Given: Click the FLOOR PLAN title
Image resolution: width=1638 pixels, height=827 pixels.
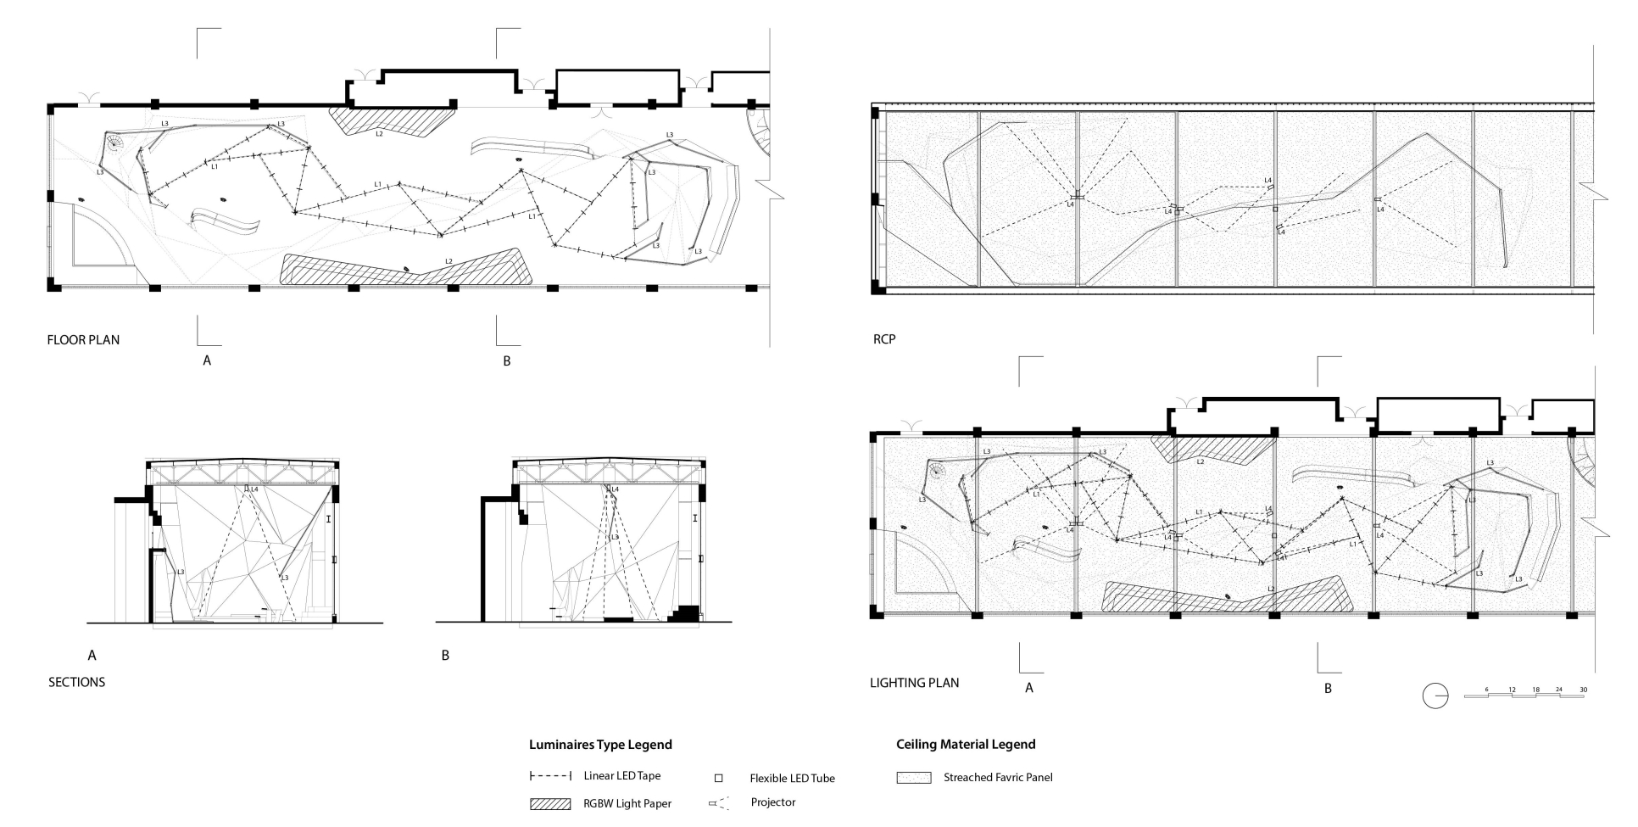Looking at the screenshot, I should [x=83, y=340].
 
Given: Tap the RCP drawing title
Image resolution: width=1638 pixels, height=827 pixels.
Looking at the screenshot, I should [x=883, y=339].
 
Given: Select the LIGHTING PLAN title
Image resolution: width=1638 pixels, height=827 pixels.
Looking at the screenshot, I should [x=914, y=683].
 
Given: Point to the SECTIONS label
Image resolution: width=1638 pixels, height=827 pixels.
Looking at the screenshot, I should [x=76, y=682].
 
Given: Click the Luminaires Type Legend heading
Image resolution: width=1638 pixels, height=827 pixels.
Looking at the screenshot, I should [x=600, y=745].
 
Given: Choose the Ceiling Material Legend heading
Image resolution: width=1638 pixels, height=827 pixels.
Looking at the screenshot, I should [x=966, y=745].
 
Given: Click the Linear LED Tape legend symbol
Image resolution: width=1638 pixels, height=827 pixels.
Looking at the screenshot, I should [x=550, y=776].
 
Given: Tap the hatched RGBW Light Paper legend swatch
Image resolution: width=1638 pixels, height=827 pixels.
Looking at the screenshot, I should [x=549, y=804].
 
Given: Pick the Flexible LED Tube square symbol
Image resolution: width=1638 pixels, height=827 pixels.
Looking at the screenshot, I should [x=718, y=778].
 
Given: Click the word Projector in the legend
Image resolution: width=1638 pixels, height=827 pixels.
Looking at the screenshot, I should [x=772, y=802].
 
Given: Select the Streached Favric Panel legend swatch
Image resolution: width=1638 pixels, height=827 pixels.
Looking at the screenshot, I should [x=913, y=778].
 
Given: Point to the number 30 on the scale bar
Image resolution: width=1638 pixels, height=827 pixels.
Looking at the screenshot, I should [x=1582, y=690].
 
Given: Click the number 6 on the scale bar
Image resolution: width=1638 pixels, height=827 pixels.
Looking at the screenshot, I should [x=1486, y=690].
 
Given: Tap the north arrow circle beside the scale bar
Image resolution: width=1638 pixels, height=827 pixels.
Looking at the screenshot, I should [x=1435, y=696].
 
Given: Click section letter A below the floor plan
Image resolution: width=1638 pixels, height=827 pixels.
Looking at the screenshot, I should [x=206, y=361].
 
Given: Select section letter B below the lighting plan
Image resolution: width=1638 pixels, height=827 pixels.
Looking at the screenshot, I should [x=1328, y=689].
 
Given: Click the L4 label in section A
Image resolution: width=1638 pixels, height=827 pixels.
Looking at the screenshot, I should [x=254, y=489].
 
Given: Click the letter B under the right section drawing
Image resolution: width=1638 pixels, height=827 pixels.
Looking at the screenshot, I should [x=445, y=656].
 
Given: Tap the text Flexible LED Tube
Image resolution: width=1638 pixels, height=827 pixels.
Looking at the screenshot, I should [x=792, y=779].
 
